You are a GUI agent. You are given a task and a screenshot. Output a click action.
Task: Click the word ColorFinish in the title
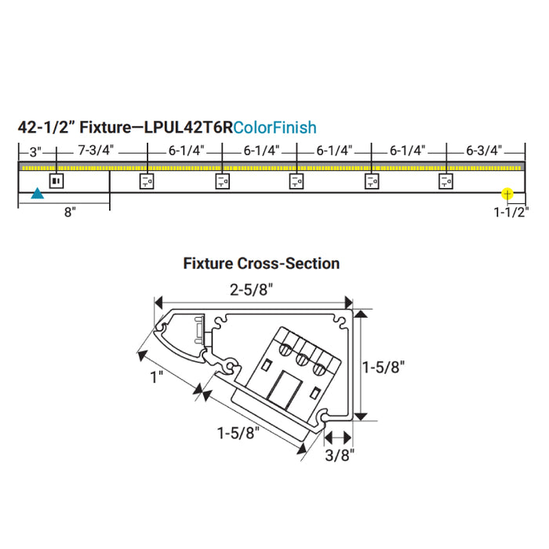[274, 127]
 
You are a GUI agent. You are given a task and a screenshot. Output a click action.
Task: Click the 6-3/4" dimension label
[484, 150]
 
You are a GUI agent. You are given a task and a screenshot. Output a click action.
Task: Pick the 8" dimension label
[70, 213]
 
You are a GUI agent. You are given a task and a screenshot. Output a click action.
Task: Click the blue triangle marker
[36, 193]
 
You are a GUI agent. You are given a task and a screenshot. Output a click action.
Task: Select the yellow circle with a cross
[507, 192]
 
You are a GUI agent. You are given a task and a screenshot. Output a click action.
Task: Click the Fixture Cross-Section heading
[261, 264]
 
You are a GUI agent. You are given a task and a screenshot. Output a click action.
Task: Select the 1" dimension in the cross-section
[157, 377]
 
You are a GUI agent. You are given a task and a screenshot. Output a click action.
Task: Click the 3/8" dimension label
[341, 453]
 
